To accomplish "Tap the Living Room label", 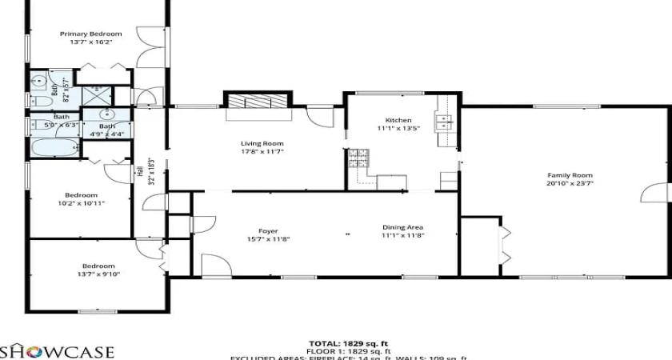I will click(x=262, y=143).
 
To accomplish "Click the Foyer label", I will click(x=268, y=230).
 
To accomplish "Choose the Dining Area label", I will click(x=402, y=227).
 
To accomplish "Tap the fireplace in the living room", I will click(x=258, y=102).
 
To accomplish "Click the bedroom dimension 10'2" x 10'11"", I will click(x=82, y=203).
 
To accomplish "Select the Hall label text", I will click(x=140, y=170).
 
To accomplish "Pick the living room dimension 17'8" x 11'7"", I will click(x=262, y=151).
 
